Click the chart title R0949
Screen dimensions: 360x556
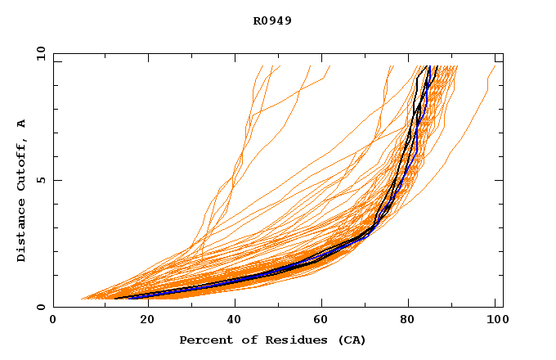272,20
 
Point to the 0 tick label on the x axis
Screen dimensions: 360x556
53,320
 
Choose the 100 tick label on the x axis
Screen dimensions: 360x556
495,320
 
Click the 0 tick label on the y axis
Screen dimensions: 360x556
41,307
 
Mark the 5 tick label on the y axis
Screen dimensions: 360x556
41,180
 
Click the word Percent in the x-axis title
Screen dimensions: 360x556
204,340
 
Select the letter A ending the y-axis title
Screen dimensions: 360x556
22,124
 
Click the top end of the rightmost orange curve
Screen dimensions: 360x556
495,66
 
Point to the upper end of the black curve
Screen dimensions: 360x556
438,66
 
